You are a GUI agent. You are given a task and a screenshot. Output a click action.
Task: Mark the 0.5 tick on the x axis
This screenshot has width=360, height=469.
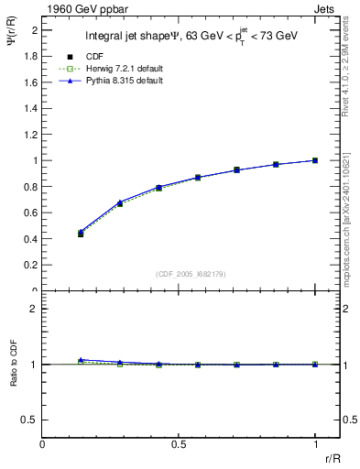[x=179, y=445]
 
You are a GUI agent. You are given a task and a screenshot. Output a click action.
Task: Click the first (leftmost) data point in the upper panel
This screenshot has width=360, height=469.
[x=81, y=234]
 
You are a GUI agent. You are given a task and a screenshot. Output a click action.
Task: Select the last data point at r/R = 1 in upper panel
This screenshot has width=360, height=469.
[x=315, y=160]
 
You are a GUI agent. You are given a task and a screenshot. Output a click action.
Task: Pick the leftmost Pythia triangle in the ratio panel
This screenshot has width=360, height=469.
[x=81, y=360]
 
